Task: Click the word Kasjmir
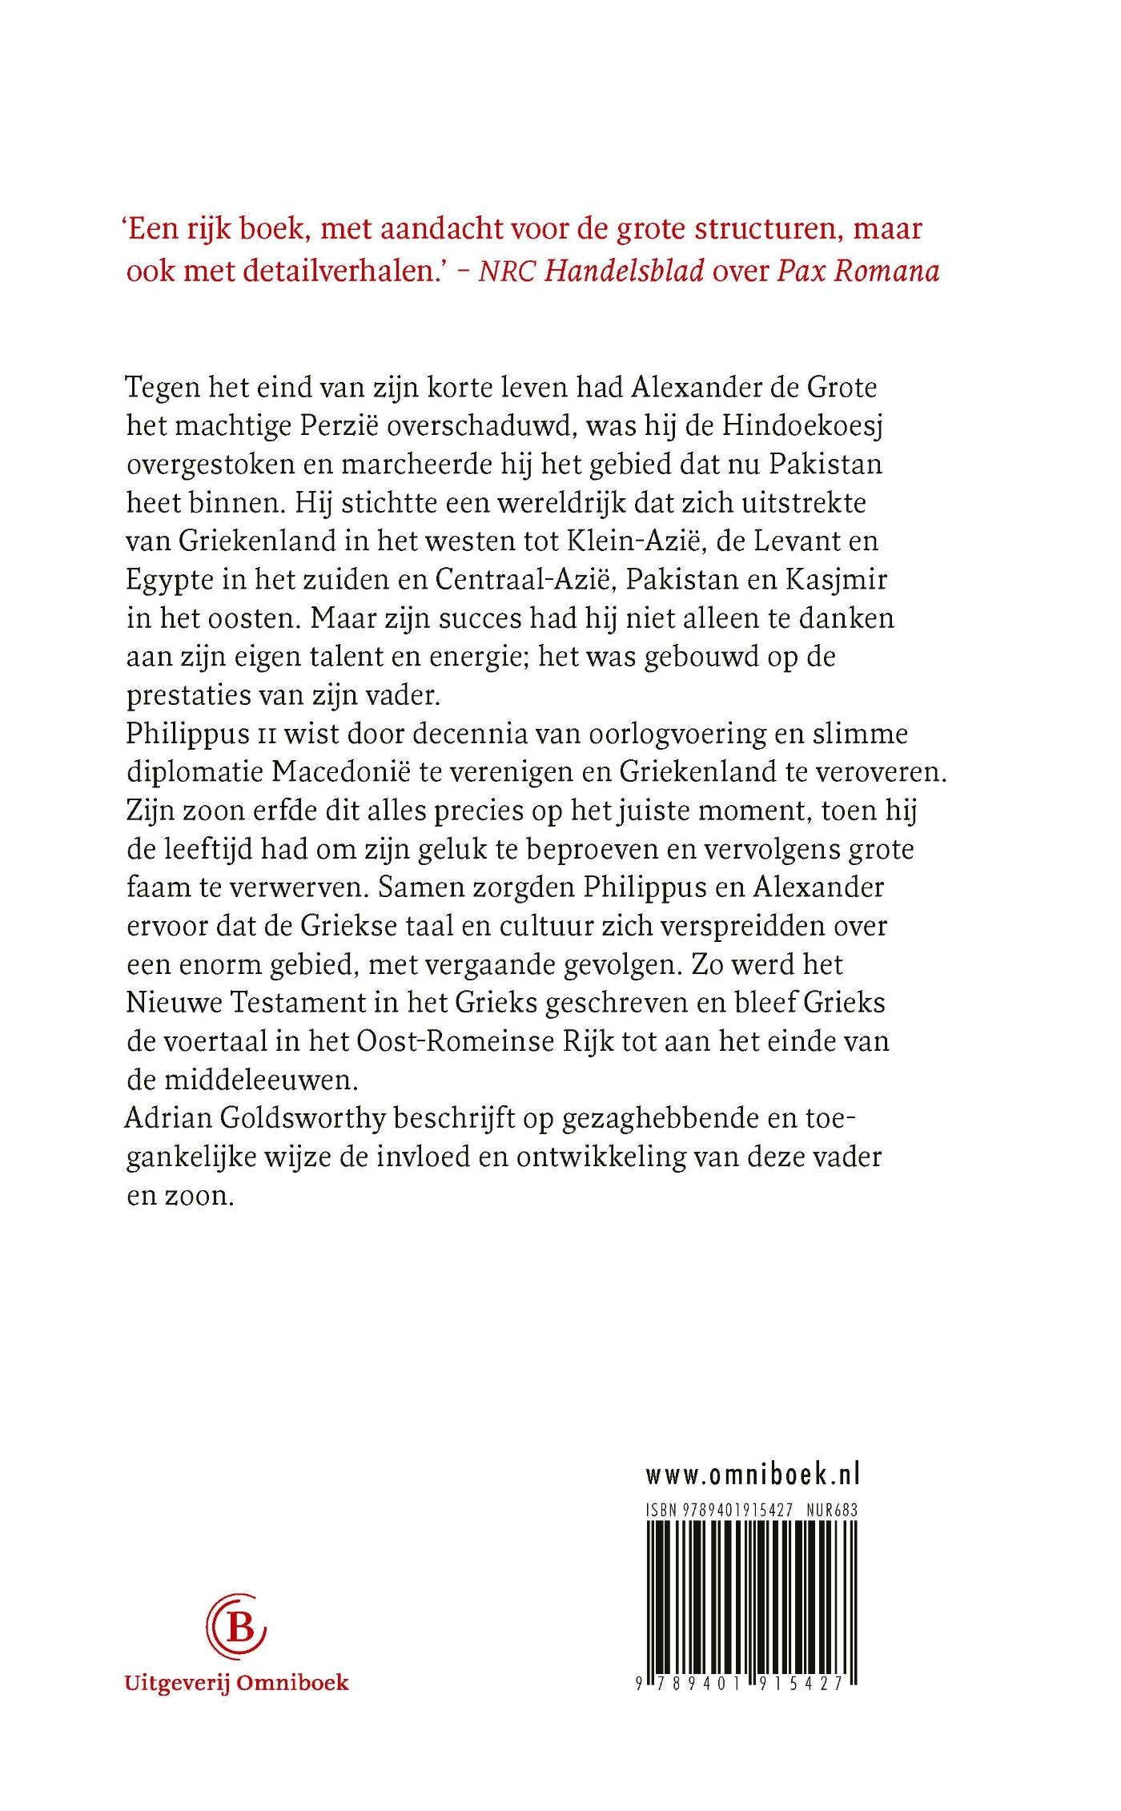point(841,580)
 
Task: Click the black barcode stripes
point(752,1594)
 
